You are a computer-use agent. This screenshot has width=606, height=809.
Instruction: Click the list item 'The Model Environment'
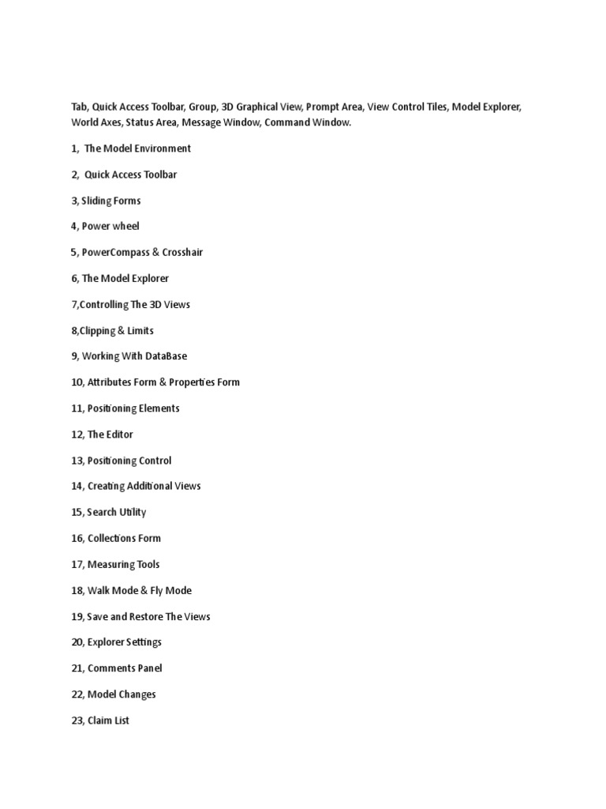point(137,149)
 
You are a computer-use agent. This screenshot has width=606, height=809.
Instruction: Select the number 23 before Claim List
point(77,721)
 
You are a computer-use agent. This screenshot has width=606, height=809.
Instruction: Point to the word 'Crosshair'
point(182,252)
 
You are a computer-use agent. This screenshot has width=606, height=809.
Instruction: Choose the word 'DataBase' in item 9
point(166,356)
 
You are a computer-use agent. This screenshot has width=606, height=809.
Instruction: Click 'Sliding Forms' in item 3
point(110,201)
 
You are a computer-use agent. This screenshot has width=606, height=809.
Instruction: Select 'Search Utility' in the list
point(117,512)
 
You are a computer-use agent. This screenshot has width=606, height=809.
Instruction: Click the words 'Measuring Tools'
point(123,564)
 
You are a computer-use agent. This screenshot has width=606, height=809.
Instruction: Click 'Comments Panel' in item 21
point(125,668)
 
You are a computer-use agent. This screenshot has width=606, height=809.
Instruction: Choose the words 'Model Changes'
point(122,694)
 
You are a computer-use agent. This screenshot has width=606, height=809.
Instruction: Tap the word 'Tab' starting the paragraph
point(79,107)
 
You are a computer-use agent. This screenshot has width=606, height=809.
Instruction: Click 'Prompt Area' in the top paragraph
point(335,107)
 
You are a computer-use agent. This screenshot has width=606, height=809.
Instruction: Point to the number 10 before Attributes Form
point(77,382)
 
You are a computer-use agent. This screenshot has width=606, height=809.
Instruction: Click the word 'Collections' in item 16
point(111,538)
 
